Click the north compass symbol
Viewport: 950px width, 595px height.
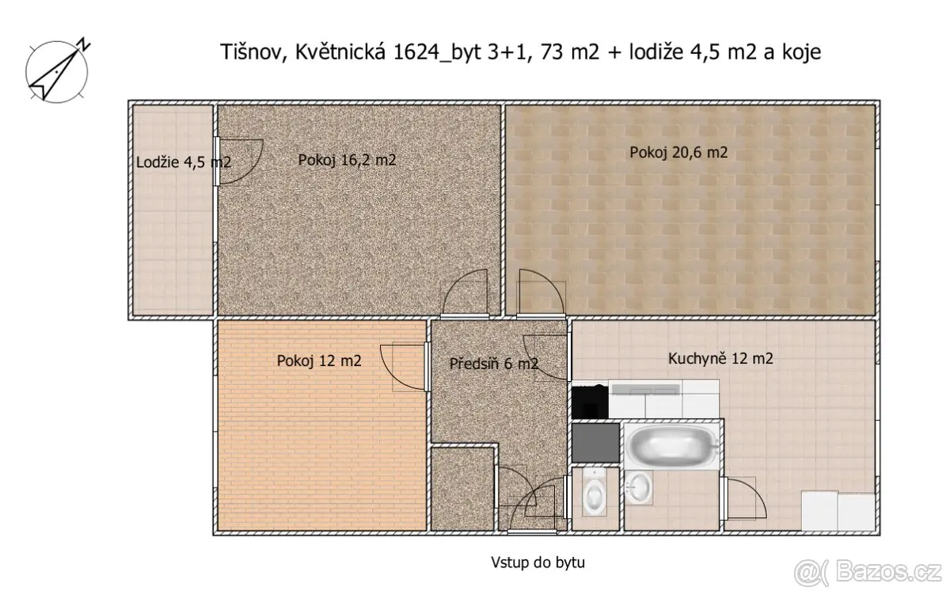tap(57, 71)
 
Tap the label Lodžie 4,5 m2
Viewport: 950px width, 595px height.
tap(184, 162)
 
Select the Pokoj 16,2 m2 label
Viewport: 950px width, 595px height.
tap(347, 160)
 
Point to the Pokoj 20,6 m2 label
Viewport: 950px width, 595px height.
tap(678, 152)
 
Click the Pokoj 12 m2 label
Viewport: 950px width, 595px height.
tap(319, 360)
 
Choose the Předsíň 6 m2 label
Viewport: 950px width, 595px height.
tap(494, 364)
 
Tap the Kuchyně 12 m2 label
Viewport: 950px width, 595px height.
tap(720, 359)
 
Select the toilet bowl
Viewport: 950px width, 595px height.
tap(595, 493)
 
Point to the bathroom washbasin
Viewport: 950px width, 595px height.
tap(638, 487)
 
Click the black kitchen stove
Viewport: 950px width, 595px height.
tap(590, 402)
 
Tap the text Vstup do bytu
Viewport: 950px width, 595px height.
tap(538, 563)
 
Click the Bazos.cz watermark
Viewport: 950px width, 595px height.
tap(868, 573)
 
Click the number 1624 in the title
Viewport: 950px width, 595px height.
tap(416, 51)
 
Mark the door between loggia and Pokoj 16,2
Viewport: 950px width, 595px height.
tap(238, 162)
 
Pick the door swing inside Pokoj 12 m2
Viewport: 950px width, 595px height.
tap(403, 366)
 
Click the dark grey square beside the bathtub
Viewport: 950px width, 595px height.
tap(595, 443)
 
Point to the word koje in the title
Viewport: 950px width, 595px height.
tap(803, 51)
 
